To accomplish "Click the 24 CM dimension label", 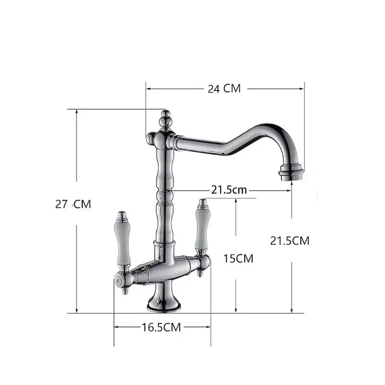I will tap(224, 89).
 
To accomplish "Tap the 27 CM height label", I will tap(73, 204).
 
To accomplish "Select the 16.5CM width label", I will tap(161, 327).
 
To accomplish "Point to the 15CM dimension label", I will tap(238, 258).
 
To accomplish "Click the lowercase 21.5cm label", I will tap(229, 190).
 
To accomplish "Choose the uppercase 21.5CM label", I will tap(290, 241).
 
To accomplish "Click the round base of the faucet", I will tap(164, 302).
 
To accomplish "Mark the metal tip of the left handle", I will tap(122, 215).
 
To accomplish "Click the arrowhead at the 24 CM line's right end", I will tap(302, 89).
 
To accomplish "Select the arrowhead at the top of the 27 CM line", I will tap(77, 112).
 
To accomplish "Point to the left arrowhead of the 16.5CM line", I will tap(116, 327).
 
